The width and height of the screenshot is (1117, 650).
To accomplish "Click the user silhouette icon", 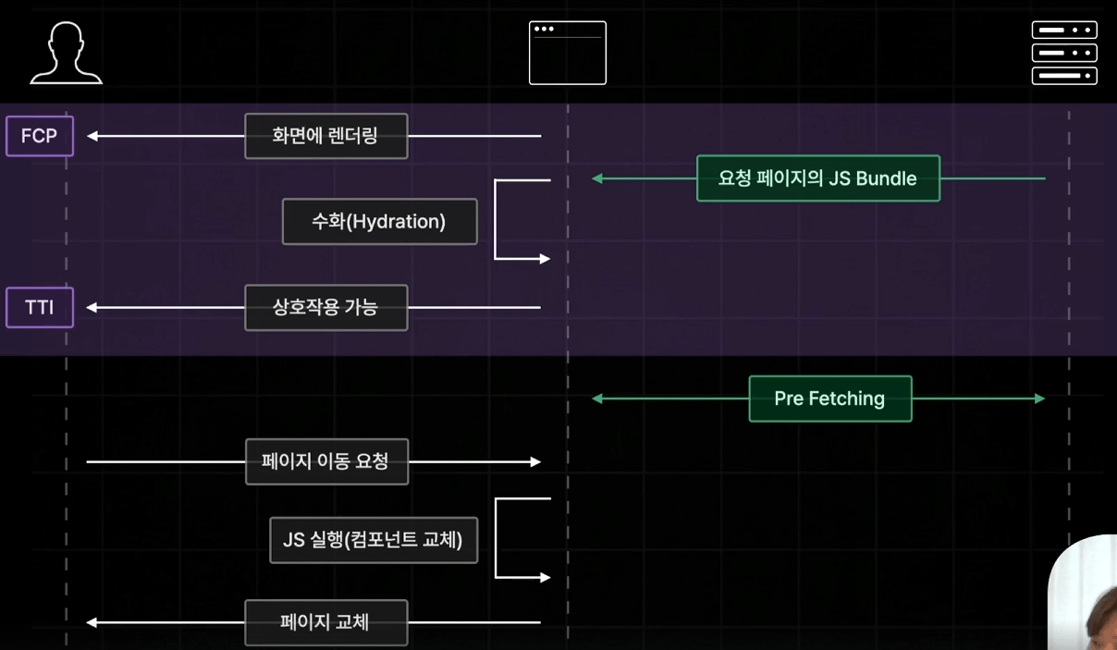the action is pos(66,53).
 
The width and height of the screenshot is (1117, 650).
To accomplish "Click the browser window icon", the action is pos(568,53).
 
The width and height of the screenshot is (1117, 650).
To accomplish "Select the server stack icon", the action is pos(1064,53).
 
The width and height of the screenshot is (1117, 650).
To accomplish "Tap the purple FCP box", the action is pos(40,136).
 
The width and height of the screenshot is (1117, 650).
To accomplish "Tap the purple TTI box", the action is pos(40,308).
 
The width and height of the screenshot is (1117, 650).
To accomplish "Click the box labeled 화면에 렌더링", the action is pos(326,136).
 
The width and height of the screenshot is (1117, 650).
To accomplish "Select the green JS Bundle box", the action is pos(818,178).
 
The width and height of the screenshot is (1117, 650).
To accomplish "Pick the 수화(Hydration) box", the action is pos(379,221).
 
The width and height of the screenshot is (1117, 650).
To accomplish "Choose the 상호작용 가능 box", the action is pos(326,308).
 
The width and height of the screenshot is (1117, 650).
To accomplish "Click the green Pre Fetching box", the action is pos(830,399).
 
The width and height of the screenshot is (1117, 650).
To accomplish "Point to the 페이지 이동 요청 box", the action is pos(326,461).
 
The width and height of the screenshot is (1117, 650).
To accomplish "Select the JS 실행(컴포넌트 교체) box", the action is pos(374,540).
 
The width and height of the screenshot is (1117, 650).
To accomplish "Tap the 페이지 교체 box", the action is pos(326,622).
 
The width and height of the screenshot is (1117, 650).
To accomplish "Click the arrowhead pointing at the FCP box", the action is pos(92,136).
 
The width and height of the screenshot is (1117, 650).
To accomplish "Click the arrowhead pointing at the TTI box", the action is pos(92,308).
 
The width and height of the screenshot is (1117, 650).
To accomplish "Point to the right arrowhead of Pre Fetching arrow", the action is pos(1039,399).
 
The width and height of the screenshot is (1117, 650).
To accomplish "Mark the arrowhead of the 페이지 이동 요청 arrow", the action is pos(535,462).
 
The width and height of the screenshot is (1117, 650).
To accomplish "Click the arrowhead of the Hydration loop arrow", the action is pos(545,259).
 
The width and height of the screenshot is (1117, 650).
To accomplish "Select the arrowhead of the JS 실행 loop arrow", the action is pos(545,578).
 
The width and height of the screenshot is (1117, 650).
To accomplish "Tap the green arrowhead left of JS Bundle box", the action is pos(597,178).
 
